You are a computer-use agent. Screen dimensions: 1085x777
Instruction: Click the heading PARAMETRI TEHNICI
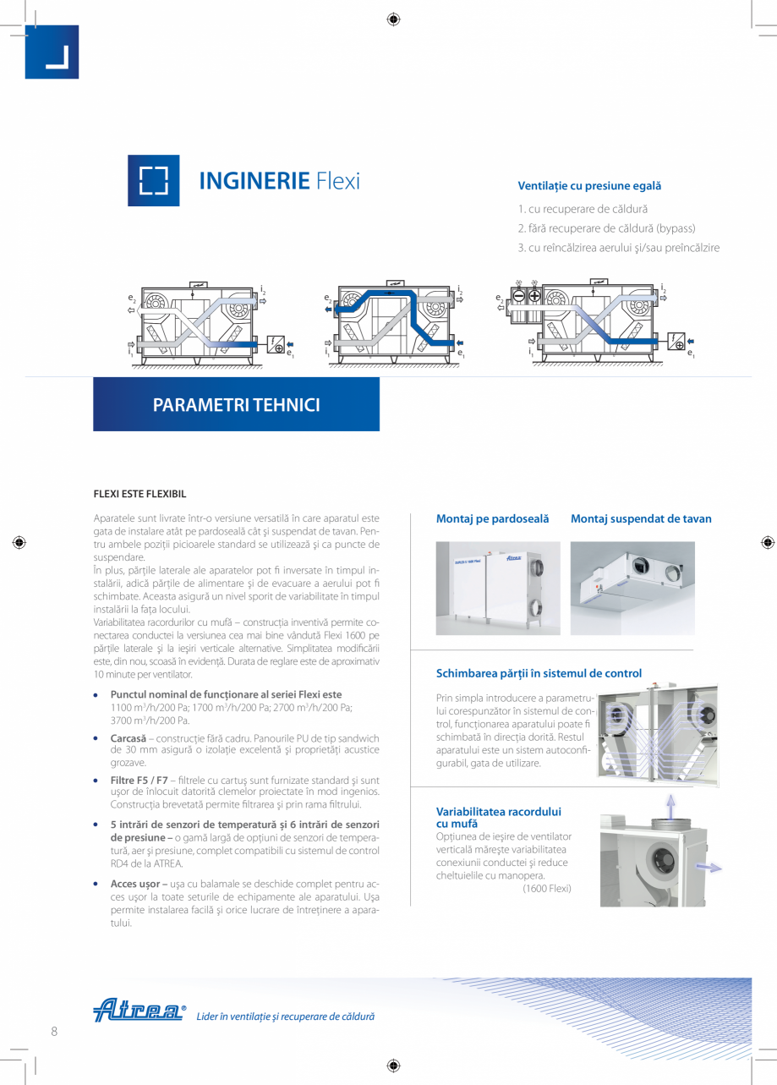tap(236, 405)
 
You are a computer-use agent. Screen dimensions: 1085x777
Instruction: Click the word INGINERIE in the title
tap(253, 180)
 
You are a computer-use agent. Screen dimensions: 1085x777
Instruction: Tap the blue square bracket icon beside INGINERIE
tap(153, 180)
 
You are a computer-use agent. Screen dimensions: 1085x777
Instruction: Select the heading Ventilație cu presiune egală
tap(588, 185)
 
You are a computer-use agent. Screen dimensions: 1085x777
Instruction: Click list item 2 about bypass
tap(606, 228)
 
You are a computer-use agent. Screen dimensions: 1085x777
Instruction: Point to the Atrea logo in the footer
tap(139, 1011)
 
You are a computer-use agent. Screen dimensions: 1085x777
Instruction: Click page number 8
tap(54, 1031)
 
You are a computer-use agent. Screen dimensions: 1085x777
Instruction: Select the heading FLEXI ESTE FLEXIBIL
tap(140, 494)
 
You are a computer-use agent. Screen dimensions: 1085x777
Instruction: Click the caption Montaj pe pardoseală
tap(492, 518)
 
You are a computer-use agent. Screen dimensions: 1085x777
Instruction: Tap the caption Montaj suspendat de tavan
tap(641, 518)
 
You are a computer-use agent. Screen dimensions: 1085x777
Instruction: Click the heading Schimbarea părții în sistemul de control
tap(539, 673)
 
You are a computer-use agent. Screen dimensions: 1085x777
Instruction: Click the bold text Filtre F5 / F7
tap(139, 779)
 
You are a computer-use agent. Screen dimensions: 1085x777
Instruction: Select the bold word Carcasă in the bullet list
tap(128, 738)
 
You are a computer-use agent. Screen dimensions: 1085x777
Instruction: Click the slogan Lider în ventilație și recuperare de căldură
tap(285, 1017)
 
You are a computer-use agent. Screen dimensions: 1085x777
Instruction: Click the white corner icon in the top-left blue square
tap(55, 56)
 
